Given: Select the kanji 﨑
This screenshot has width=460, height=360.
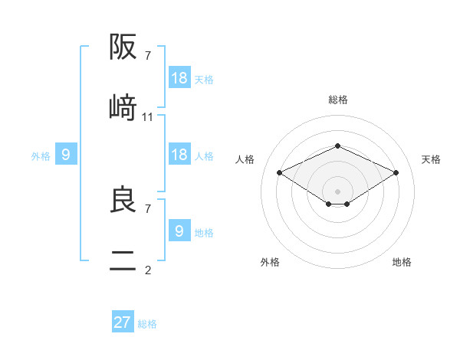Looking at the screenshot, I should [x=123, y=107].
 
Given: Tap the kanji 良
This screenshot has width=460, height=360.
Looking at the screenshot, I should [x=123, y=200].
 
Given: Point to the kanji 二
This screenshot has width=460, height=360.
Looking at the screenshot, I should [x=123, y=261].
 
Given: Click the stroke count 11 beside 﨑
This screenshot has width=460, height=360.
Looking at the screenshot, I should [x=148, y=117].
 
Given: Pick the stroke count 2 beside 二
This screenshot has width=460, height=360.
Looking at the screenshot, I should [x=148, y=270].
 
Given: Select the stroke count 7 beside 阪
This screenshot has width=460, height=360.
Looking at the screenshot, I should [x=148, y=56].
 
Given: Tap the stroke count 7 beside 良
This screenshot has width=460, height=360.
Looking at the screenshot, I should [x=148, y=208].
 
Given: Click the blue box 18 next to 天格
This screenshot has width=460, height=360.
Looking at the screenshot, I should [x=179, y=78].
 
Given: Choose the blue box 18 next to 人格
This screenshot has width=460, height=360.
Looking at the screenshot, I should [x=179, y=155].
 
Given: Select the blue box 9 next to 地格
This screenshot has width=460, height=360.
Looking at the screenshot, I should [x=179, y=231].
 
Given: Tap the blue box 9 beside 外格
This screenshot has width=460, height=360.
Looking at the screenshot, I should [x=66, y=155].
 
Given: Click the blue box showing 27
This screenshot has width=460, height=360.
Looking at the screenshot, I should [x=123, y=322].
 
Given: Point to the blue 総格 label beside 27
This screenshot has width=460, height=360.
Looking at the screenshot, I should [x=147, y=324].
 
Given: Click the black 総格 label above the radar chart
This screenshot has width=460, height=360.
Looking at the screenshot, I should [x=338, y=100].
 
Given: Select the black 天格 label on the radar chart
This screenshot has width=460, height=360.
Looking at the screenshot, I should [x=431, y=159].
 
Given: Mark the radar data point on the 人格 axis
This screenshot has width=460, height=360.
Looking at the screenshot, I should [x=280, y=172].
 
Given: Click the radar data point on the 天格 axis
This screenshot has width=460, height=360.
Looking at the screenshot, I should [x=396, y=172].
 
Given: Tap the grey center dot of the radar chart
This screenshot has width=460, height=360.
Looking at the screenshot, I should [x=338, y=191].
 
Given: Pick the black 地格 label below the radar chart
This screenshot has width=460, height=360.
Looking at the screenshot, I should [x=402, y=262].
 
